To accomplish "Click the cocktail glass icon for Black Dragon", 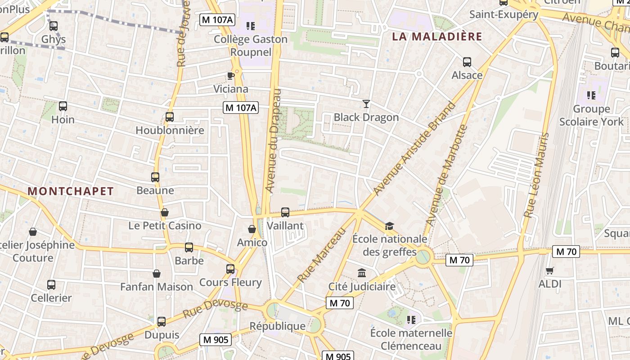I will click(366, 104).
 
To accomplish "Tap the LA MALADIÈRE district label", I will click(437, 36).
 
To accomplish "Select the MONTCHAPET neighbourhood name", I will click(71, 191).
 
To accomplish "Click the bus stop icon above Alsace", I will click(467, 62).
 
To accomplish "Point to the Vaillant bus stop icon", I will click(285, 212).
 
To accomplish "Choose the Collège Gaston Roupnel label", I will click(251, 45).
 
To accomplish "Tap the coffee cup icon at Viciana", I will click(231, 76).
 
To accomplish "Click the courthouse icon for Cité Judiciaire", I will click(362, 273).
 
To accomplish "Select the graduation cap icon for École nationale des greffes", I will click(389, 225).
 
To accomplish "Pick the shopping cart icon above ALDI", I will click(549, 270).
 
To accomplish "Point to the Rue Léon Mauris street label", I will click(537, 175).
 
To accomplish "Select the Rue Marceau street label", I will click(322, 255).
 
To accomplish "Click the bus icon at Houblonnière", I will click(170, 117).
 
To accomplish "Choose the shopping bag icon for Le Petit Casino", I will click(165, 212).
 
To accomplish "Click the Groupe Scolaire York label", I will click(591, 115).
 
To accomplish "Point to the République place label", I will click(278, 326).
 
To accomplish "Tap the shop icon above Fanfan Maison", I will click(157, 273).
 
